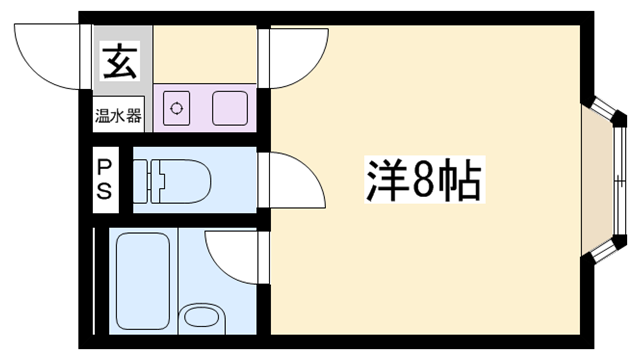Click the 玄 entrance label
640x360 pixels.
[x=119, y=63]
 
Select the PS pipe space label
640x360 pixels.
[x=105, y=178]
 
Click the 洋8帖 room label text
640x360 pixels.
[x=421, y=181]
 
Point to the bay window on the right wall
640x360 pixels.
[x=606, y=181]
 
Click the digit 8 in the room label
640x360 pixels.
[x=422, y=181]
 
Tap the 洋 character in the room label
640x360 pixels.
[x=381, y=181]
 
